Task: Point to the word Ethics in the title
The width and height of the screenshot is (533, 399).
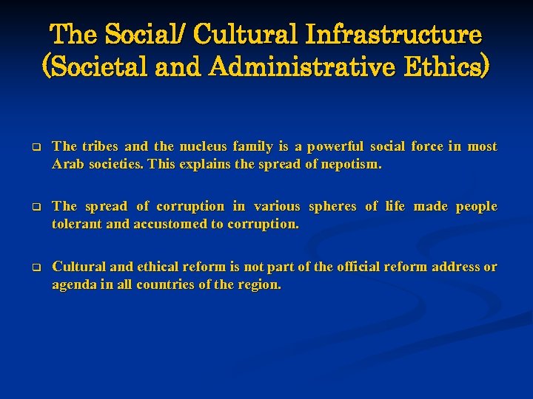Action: (x=449, y=68)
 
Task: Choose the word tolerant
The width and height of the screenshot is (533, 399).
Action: (x=77, y=224)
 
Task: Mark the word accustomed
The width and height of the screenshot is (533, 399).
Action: (x=168, y=224)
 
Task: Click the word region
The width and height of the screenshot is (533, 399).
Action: (x=259, y=284)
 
